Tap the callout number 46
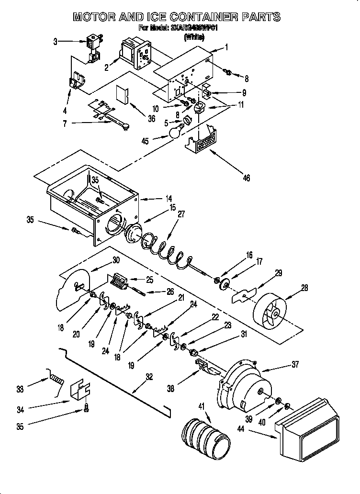point(246,178)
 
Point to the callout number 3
point(56,42)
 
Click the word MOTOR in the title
point(95,17)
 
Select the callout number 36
point(151,119)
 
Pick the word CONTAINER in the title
point(183,17)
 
